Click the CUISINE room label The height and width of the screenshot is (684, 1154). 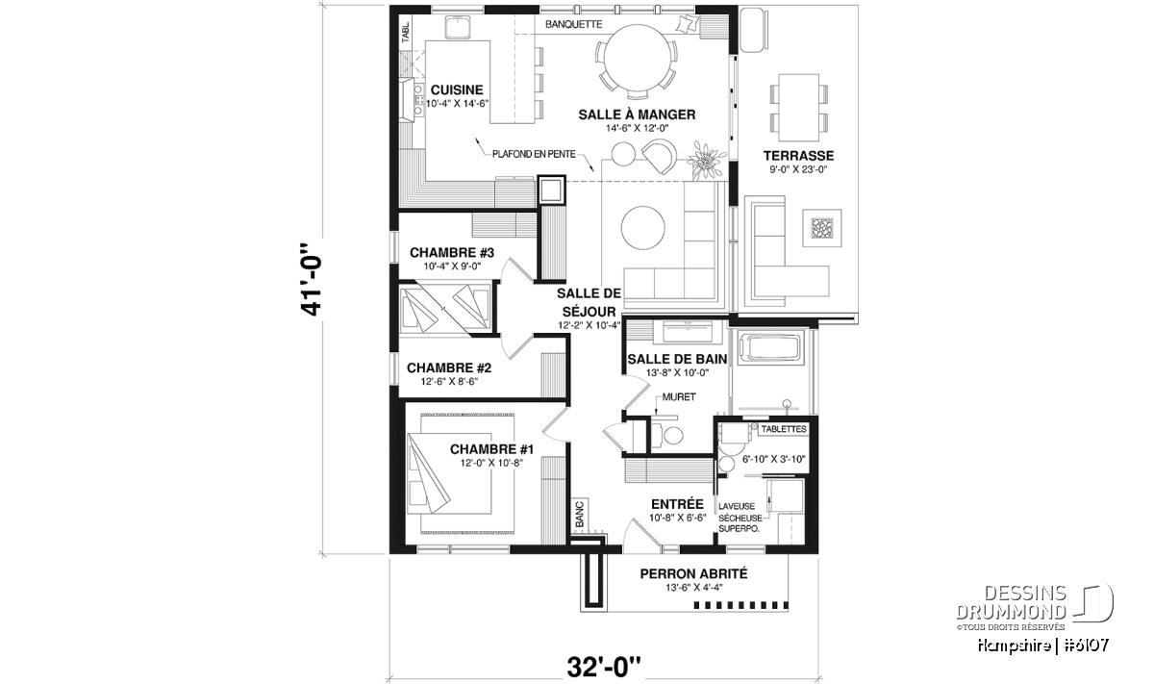coord(457,90)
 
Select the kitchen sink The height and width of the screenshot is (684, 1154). coord(97,27)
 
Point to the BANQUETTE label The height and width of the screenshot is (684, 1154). coord(573,24)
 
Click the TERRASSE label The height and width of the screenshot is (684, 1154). coord(798,156)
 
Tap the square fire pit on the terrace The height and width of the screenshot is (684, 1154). coord(821,228)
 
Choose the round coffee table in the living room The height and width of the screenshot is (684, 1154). coord(643,227)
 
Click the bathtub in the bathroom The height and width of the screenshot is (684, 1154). coord(770,347)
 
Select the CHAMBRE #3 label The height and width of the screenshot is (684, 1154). coord(452,253)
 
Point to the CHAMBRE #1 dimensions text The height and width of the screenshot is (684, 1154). coord(491,464)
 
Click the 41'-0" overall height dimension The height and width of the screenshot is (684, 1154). coord(312,279)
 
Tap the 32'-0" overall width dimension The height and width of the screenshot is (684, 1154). coord(604,667)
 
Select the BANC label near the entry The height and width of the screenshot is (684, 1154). coord(580,514)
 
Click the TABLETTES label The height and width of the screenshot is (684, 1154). coord(784,429)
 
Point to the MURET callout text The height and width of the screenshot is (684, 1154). coord(679,397)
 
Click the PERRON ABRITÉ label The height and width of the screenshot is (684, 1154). coord(693,573)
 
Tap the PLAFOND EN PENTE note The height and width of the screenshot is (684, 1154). coord(534,154)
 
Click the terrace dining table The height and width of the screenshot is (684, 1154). coord(798,107)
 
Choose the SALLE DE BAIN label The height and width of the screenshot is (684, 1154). coord(677,359)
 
